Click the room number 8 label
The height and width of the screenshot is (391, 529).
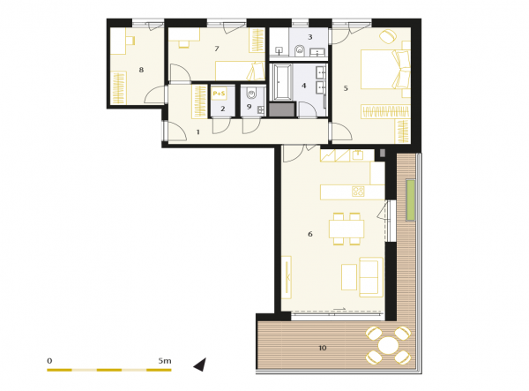141,70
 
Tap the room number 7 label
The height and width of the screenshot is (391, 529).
217,49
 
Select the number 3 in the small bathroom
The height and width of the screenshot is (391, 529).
310,37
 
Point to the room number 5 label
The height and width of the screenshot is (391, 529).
346,88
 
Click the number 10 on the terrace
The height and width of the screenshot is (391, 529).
323,348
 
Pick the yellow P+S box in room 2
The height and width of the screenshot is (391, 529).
219,94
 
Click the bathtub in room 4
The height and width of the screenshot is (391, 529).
283,82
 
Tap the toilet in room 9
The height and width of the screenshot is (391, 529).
251,93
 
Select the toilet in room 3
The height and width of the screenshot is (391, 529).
299,50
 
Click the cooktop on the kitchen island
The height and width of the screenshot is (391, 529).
358,192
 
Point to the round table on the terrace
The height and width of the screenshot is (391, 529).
388,345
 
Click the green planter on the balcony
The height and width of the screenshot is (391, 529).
411,199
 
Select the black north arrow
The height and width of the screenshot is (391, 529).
200,365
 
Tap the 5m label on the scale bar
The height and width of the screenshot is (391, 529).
165,361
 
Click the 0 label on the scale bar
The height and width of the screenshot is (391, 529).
49,361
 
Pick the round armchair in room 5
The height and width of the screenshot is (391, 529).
388,36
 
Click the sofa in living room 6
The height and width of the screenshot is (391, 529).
371,277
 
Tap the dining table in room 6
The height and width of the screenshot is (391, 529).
346,229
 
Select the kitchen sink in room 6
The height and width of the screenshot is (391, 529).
358,155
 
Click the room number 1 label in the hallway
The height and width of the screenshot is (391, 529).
198,132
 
